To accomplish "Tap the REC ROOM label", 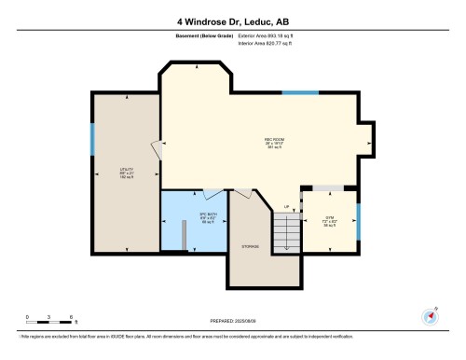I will [274, 142].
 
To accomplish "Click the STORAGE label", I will [250, 246].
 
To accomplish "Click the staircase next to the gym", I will [288, 231].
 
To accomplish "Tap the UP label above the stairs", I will [287, 205].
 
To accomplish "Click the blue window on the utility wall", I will [92, 141].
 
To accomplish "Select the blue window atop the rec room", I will [300, 92].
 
